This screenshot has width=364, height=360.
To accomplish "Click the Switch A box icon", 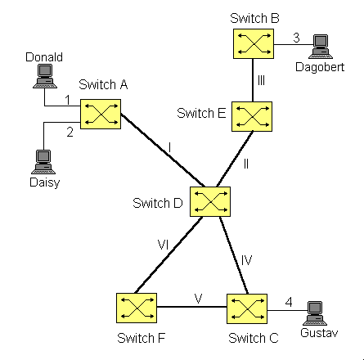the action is click(x=101, y=114).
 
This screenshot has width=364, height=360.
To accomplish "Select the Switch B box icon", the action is click(x=254, y=44).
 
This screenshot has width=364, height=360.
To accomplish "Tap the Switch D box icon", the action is click(x=210, y=201).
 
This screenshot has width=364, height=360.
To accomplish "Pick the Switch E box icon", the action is click(x=252, y=116).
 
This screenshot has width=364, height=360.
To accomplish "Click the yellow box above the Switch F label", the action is click(x=137, y=308).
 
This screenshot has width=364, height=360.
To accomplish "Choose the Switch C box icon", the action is click(x=247, y=308).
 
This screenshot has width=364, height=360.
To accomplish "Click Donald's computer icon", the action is click(x=45, y=76).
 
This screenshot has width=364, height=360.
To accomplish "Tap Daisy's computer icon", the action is click(x=43, y=162).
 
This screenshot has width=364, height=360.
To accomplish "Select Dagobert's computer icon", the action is click(x=321, y=47).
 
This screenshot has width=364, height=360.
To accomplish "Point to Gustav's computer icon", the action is click(x=315, y=313).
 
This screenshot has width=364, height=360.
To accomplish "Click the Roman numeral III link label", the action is click(x=261, y=80).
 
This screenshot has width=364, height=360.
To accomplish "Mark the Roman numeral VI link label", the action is click(x=163, y=245).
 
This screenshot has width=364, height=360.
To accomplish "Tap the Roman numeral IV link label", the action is click(x=246, y=260).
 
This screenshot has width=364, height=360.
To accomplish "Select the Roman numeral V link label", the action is click(x=199, y=299).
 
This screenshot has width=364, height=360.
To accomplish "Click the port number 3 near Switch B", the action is click(x=296, y=38).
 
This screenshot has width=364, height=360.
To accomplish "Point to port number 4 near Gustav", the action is click(x=289, y=302).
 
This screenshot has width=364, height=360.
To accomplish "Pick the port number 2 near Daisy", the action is click(x=70, y=133).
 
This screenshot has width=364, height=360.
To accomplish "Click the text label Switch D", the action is click(x=158, y=203).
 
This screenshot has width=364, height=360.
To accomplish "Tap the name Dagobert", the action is click(x=320, y=67).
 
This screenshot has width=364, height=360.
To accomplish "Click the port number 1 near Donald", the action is click(x=68, y=100).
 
